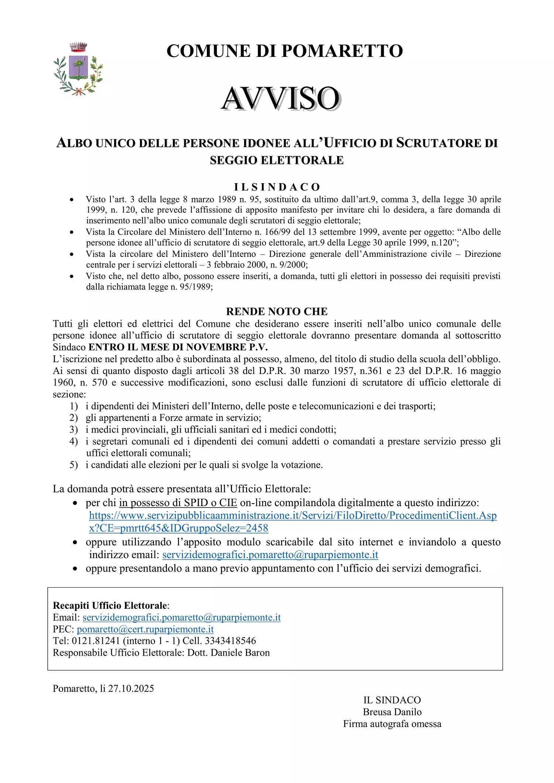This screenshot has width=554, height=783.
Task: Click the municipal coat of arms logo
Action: [x=78, y=70]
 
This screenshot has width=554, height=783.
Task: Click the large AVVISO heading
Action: [x=281, y=99]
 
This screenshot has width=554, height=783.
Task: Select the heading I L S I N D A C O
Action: [x=277, y=187]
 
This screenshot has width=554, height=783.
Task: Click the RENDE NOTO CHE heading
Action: [x=277, y=311]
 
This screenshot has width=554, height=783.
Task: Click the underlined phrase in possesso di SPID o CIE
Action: [x=178, y=503]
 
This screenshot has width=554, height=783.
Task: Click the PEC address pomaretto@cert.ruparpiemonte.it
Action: [x=145, y=629]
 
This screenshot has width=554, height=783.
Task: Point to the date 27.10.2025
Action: [x=131, y=688]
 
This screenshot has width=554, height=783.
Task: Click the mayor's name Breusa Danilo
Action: [x=392, y=712]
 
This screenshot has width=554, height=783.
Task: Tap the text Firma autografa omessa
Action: [x=392, y=724]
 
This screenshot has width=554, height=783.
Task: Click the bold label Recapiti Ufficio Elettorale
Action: [x=110, y=605]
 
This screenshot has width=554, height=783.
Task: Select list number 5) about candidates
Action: [x=74, y=465]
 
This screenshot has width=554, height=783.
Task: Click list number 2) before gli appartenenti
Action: [x=74, y=418]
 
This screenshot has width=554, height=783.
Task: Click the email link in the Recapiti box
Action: [x=181, y=617]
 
